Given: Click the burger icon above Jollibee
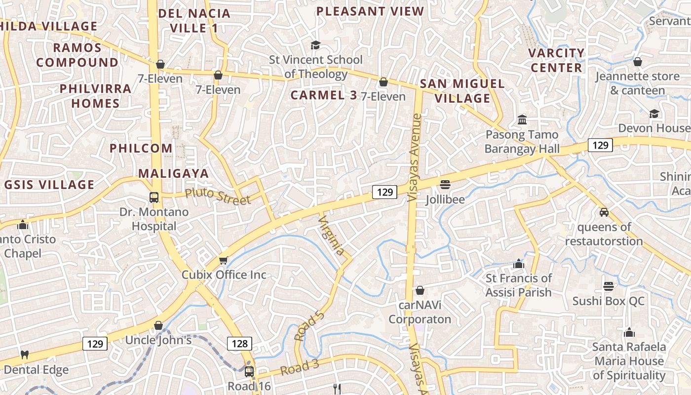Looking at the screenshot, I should coord(445,185).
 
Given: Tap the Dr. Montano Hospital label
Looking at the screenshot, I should coord(154,219).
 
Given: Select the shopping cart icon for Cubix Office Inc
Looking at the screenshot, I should coord(224,260).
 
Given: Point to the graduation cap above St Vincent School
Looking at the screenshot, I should coord(315,45).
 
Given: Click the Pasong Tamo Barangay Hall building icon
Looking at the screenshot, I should coord(522,119).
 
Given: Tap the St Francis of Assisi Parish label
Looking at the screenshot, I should coord(518,285).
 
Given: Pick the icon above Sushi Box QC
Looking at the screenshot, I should coord(608,286).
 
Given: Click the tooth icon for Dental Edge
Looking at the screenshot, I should coord(25,355).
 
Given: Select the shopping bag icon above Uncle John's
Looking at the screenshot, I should coord(158,325).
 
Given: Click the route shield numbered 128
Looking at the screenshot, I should coord(239,343).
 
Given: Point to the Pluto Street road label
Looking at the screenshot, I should coord(218,196).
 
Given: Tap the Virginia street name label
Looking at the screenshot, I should coord(331,236).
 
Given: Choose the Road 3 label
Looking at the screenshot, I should coord(300,367).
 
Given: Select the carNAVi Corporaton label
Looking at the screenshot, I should coord(420,312).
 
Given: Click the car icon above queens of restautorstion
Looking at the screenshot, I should coord(604,212).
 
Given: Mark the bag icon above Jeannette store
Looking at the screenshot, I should coord(638,62).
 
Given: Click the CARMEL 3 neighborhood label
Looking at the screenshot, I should coord(323,95).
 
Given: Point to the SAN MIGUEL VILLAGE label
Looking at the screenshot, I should coord(462,91).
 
